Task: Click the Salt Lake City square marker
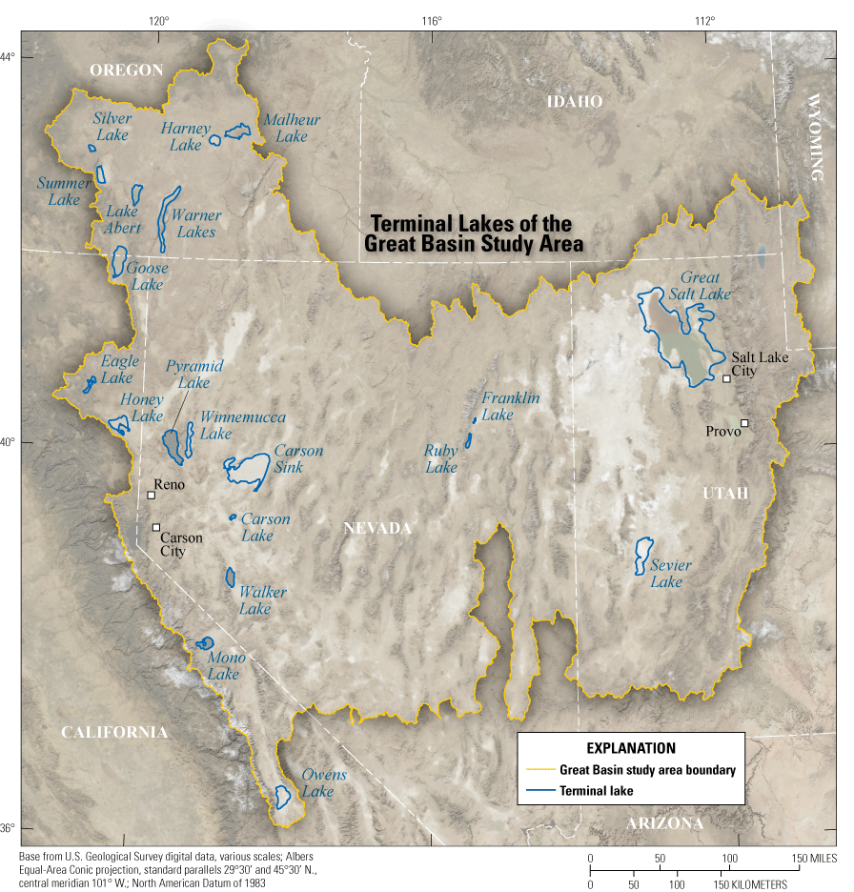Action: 726,378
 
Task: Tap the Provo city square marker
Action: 744,423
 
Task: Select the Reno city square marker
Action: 151,495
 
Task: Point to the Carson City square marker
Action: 156,527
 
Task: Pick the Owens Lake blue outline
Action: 282,796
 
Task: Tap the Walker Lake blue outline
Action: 231,577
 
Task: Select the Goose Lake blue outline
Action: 119,261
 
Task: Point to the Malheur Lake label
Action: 292,128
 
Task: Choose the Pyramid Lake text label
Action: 194,374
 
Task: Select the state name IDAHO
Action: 575,101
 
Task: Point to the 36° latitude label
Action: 8,828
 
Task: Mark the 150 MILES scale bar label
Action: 817,860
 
